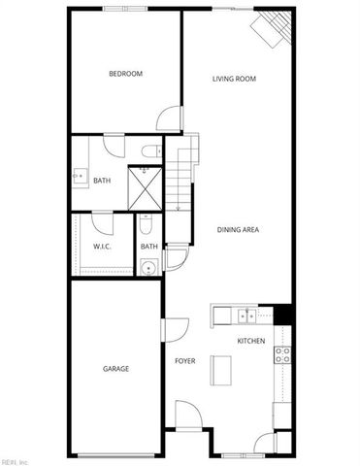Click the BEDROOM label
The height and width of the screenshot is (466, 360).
tap(125, 75)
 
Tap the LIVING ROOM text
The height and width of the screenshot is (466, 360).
tap(234, 79)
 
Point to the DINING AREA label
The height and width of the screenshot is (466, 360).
tap(238, 229)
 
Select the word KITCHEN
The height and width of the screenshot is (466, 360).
tap(251, 341)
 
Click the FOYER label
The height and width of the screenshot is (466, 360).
tap(184, 361)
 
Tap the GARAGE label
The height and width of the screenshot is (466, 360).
tap(116, 369)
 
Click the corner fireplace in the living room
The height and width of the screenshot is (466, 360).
tap(273, 27)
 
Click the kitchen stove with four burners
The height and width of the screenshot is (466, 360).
tap(284, 354)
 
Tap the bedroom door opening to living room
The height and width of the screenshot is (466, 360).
tap(170, 117)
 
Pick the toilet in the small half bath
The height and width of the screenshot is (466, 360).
tap(145, 226)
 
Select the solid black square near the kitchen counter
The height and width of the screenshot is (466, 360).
tap(283, 315)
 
